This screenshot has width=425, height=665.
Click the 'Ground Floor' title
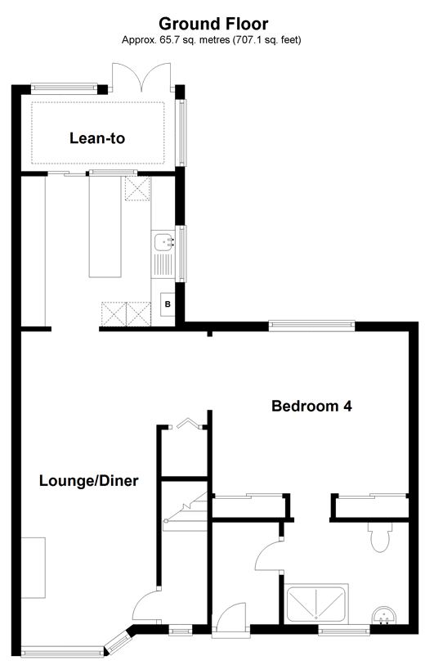[x=212, y=23]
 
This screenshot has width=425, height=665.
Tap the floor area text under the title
[x=212, y=39]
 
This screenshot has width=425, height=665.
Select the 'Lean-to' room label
[x=97, y=138]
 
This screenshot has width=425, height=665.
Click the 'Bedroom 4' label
[x=311, y=406]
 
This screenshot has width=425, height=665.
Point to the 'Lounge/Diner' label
[x=88, y=481]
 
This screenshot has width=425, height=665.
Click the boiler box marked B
[x=168, y=305]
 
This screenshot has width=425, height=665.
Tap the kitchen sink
[x=164, y=242]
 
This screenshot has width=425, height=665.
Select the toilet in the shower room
[x=379, y=537]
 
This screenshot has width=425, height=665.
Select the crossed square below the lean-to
[x=136, y=190]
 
